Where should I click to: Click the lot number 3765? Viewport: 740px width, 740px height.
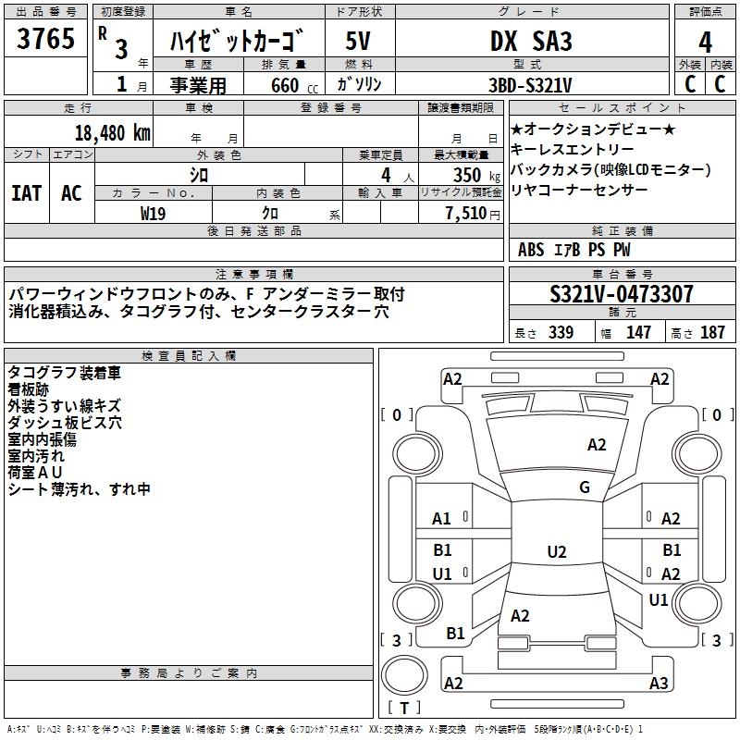[x=46, y=41]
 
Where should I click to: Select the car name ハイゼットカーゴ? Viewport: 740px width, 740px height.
[x=238, y=41]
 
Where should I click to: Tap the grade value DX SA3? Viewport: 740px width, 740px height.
[x=530, y=41]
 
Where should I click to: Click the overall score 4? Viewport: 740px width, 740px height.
[x=705, y=43]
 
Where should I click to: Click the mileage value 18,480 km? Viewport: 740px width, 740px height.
[x=111, y=131]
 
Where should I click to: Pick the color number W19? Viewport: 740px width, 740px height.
[x=153, y=213]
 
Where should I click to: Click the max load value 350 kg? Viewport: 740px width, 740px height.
[x=472, y=175]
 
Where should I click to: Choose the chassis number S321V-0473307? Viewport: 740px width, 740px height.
[x=621, y=295]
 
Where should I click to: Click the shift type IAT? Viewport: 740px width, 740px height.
[x=26, y=193]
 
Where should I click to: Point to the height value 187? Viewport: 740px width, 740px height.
[x=712, y=333]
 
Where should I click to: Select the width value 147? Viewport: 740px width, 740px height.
[x=638, y=333]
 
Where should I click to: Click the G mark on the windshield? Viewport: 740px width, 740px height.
[x=585, y=487]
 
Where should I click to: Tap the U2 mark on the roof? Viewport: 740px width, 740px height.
[x=556, y=552]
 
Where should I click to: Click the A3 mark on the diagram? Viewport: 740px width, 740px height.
[x=659, y=684]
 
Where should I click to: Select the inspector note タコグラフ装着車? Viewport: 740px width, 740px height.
[x=64, y=373]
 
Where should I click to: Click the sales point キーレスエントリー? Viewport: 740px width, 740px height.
[x=573, y=149]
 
